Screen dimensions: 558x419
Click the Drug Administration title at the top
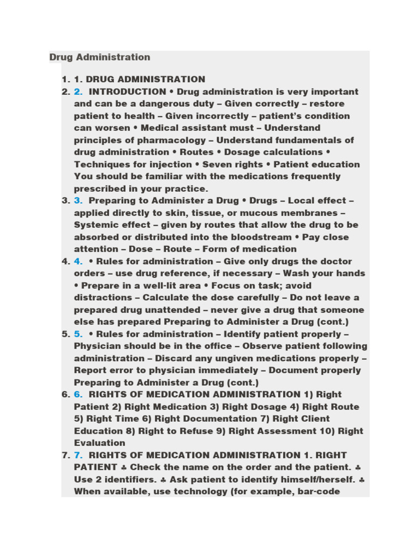click(100, 57)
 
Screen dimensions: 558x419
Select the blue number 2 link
click(78, 92)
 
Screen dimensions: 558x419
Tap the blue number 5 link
click(78, 334)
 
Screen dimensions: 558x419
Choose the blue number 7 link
click(78, 455)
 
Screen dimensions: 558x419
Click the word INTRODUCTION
click(127, 92)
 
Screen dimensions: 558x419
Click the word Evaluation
click(99, 443)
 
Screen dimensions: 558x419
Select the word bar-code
click(338, 492)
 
